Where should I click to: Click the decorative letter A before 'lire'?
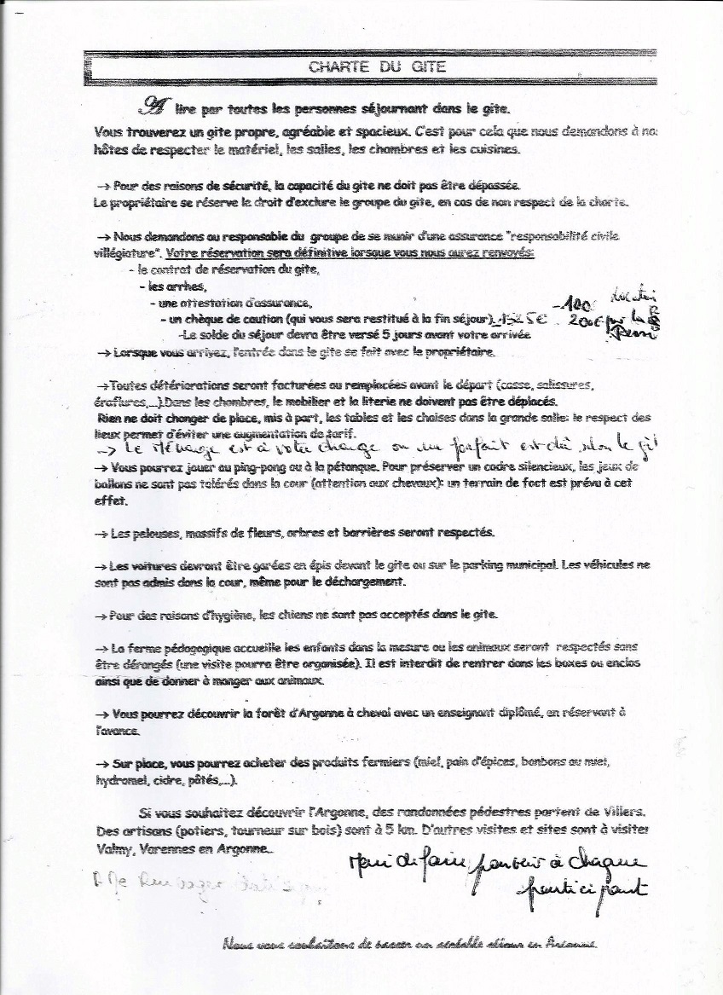154,106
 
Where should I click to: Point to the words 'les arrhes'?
167,288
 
